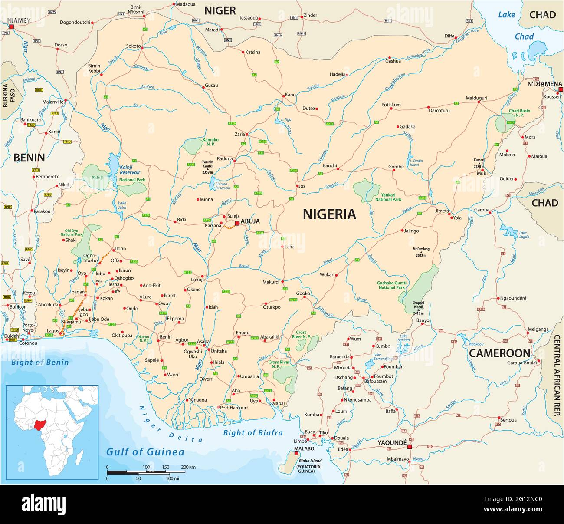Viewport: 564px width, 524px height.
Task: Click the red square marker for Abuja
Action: pyautogui.click(x=237, y=223)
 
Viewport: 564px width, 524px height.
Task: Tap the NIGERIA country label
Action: pyautogui.click(x=329, y=214)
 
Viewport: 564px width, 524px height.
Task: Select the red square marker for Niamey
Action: pyautogui.click(x=12, y=27)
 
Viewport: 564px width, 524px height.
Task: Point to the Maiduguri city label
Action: pyautogui.click(x=476, y=98)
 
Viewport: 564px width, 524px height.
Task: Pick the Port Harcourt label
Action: pyautogui.click(x=234, y=408)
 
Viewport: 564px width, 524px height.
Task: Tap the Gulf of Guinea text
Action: pyautogui.click(x=145, y=452)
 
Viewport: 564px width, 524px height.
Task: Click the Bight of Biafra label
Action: pyautogui.click(x=252, y=432)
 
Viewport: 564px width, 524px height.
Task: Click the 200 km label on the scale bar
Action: pyautogui.click(x=188, y=467)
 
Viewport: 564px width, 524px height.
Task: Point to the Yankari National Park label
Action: pyautogui.click(x=388, y=197)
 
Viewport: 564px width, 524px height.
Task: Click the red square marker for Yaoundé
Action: pyautogui.click(x=409, y=446)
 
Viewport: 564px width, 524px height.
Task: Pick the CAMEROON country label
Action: pyautogui.click(x=499, y=353)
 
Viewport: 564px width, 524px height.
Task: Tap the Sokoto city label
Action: pyautogui.click(x=133, y=46)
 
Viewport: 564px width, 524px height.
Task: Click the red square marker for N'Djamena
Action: pyautogui.click(x=561, y=89)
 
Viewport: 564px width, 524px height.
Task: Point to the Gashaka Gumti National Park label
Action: pyautogui.click(x=391, y=285)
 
